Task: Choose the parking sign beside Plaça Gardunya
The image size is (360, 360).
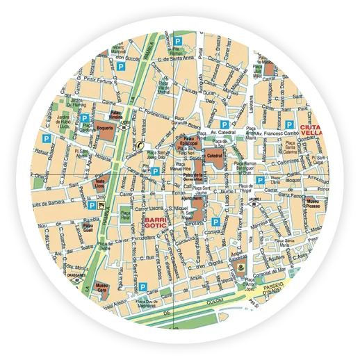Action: pyautogui.click(x=85, y=119)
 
